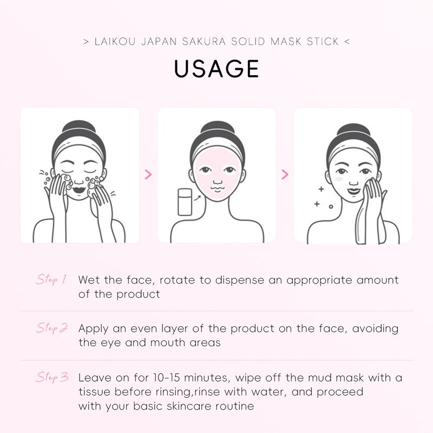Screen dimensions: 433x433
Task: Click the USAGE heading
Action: click(x=216, y=69)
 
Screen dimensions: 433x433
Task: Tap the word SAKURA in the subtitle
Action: click(x=204, y=42)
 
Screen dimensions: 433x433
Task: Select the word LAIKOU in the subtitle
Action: click(x=115, y=42)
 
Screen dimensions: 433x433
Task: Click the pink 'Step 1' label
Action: click(x=51, y=279)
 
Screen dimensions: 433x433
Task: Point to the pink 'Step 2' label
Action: click(x=51, y=328)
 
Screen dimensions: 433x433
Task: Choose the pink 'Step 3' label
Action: click(x=52, y=377)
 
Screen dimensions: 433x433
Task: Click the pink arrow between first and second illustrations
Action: click(x=148, y=174)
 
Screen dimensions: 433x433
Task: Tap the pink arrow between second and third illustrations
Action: click(x=285, y=174)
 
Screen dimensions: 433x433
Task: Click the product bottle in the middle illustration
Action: click(x=185, y=202)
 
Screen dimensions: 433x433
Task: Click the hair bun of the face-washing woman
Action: click(x=78, y=128)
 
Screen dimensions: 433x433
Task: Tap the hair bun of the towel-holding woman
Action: click(x=353, y=131)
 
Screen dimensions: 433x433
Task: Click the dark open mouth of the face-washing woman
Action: click(x=79, y=190)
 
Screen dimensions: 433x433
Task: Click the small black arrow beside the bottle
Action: click(x=197, y=197)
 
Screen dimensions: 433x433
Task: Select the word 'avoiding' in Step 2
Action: click(x=375, y=329)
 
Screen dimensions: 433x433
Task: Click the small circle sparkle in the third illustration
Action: click(x=331, y=206)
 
